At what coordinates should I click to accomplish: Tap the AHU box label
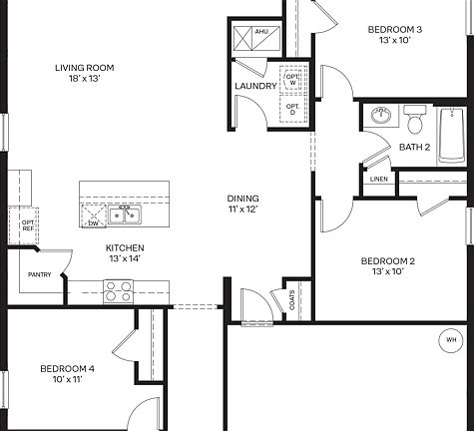tap(261, 32)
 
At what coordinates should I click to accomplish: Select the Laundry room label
tap(254, 86)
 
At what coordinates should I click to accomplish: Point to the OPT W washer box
tap(292, 80)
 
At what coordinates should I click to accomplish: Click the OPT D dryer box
tap(292, 108)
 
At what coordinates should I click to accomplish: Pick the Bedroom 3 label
tap(394, 35)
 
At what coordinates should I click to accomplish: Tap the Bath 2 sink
tap(380, 117)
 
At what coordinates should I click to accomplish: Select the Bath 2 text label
tap(414, 148)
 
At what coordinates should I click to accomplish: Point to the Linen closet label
tap(378, 180)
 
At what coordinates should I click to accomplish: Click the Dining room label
tap(243, 204)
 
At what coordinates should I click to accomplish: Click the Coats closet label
tap(291, 300)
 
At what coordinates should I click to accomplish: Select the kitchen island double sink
tap(125, 215)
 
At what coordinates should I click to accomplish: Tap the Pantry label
tap(40, 274)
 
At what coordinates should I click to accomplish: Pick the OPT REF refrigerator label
tap(14, 224)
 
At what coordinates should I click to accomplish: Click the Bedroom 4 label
tap(67, 374)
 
